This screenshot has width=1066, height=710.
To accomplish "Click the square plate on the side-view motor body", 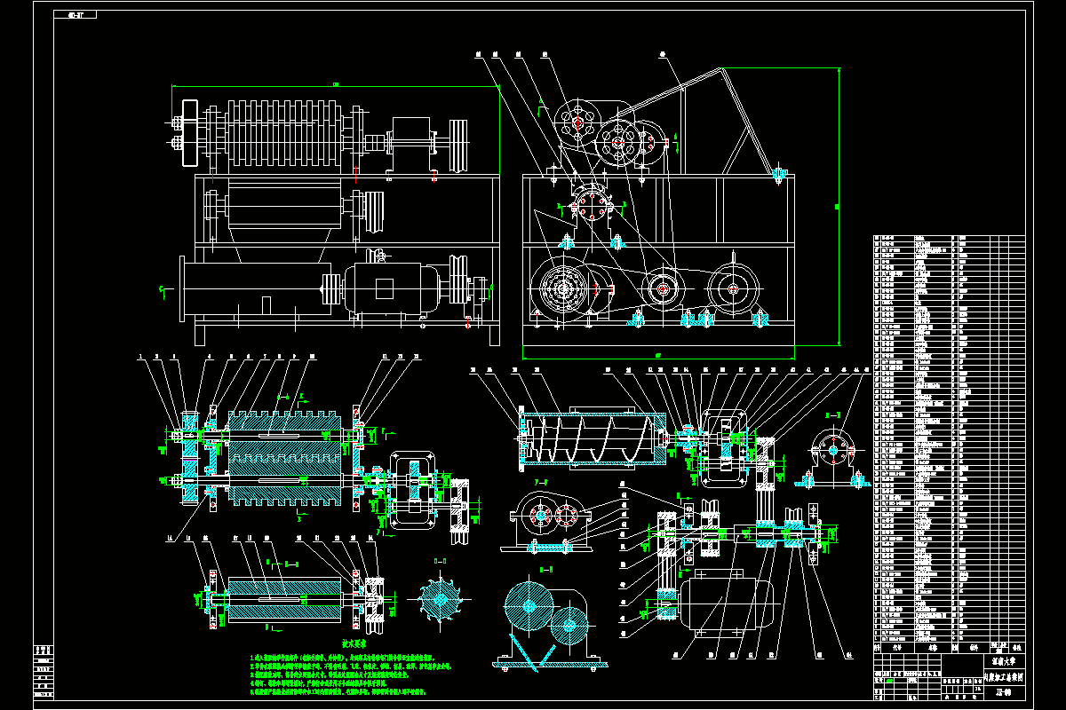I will click(384, 288).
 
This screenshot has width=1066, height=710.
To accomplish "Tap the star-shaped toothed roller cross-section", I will click(439, 599).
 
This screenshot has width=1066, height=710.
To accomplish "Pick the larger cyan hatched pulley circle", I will click(529, 608).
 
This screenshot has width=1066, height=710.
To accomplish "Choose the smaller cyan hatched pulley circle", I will click(569, 626).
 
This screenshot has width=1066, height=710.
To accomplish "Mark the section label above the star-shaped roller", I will click(439, 562).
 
